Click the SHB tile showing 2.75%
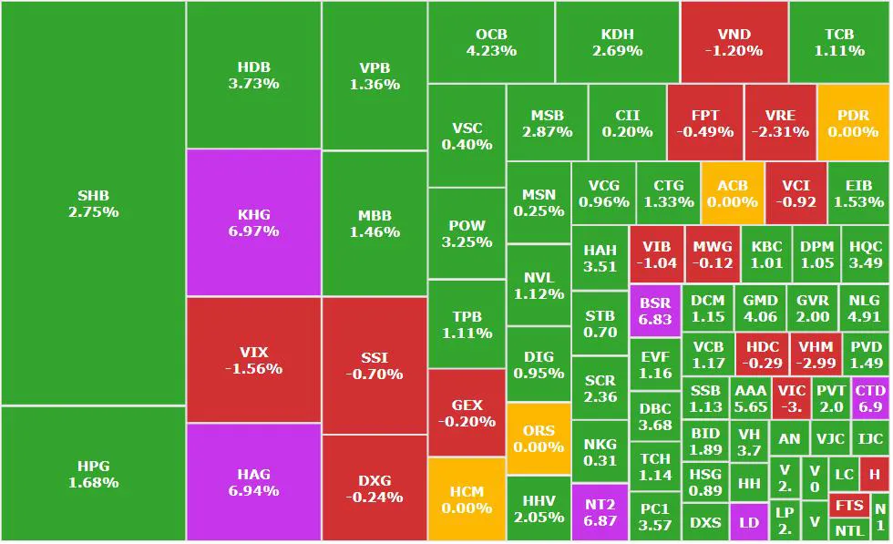pos(93,203)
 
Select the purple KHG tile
pos(253,223)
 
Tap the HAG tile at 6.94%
pos(253,482)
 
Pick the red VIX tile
pos(253,360)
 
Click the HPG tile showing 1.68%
pos(93,474)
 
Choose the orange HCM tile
pos(467,499)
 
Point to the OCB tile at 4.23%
pos(491,42)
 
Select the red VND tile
pos(734,42)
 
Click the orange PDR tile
pos(853,123)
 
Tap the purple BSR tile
pos(654,311)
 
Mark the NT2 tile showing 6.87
pos(600,512)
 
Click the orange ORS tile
pos(539,438)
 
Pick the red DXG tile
pos(374,488)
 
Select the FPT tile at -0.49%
pos(704,123)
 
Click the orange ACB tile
pos(732,193)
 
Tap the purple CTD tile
pos(870,398)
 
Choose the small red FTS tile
pos(849,506)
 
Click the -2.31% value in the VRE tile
pos(780,131)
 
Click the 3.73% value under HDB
pos(253,84)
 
